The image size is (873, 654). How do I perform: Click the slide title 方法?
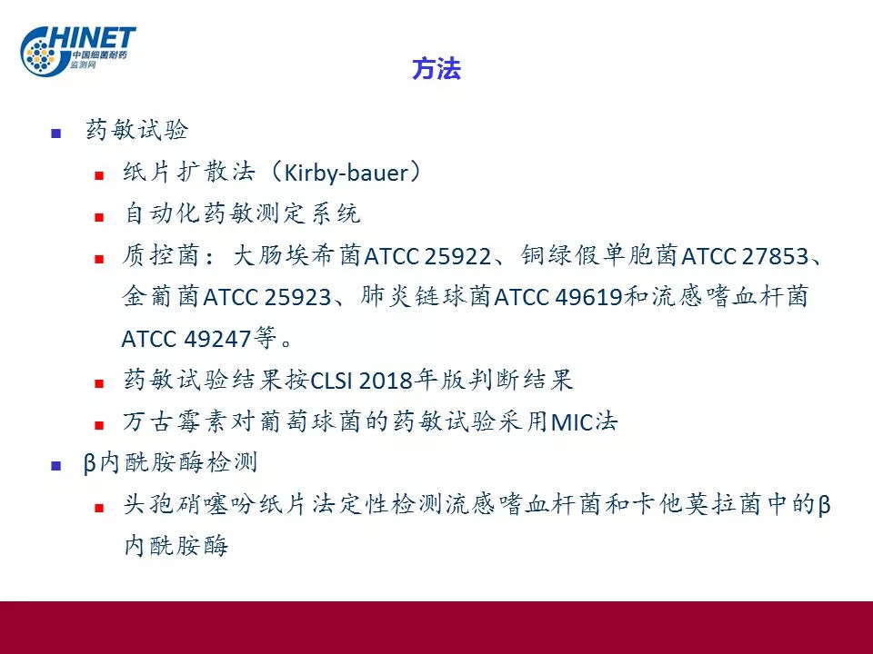coord(436,69)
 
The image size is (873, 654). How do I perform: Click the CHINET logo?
coord(77,50)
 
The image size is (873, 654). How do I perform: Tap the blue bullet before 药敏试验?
coord(55,133)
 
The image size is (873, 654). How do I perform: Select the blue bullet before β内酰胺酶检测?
coord(55,465)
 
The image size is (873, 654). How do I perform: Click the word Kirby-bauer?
coord(346,173)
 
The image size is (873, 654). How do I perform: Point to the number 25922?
coord(457,256)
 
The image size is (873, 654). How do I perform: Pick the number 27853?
coord(775,256)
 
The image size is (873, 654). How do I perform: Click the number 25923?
coord(297,298)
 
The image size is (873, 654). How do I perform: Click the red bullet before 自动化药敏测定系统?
coord(99,217)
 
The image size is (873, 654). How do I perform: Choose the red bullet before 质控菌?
coord(99,259)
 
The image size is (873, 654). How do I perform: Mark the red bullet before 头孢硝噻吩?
coord(99,508)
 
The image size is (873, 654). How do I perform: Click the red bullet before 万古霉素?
coord(99,426)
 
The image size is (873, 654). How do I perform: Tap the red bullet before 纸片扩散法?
coord(99,175)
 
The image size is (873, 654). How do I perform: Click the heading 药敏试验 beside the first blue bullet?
coord(137,130)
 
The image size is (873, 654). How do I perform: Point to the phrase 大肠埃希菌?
coord(296,256)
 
